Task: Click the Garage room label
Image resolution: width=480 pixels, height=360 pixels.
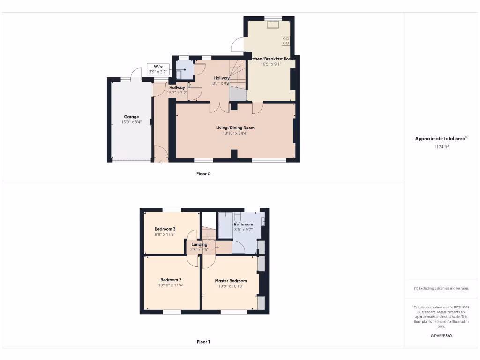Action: (131, 117)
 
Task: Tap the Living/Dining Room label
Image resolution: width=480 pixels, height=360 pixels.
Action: (235, 127)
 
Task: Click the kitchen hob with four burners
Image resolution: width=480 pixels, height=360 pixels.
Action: (285, 41)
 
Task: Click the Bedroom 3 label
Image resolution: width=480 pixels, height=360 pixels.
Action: (165, 229)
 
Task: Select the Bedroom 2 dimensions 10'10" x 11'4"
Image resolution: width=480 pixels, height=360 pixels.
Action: (171, 285)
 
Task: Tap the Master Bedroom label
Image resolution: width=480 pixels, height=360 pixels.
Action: (231, 281)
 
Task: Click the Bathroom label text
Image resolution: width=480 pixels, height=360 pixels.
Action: (244, 225)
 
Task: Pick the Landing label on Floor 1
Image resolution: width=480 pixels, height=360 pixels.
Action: (199, 244)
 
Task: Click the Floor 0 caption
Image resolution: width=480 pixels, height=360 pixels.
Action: (203, 173)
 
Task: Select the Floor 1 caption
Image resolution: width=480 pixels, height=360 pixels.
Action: (203, 342)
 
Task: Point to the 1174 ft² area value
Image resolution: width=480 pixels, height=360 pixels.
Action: (442, 147)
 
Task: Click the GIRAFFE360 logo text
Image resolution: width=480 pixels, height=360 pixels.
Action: (442, 336)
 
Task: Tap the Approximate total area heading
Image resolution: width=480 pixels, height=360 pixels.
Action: (441, 138)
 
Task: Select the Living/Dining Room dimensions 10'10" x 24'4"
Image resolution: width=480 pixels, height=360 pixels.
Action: (235, 133)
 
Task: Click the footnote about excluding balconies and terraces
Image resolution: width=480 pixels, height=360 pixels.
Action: (442, 288)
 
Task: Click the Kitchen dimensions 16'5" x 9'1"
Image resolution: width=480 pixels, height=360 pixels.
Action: (271, 64)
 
